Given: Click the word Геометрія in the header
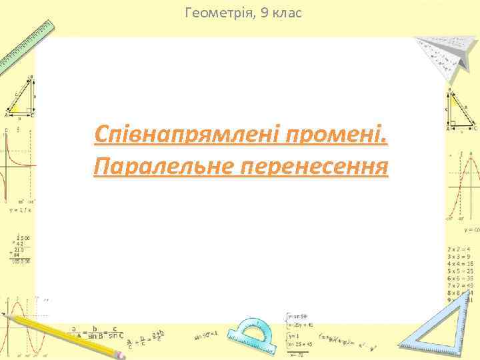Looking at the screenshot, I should click(215, 12).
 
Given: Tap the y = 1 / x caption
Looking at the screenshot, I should click(21, 209).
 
